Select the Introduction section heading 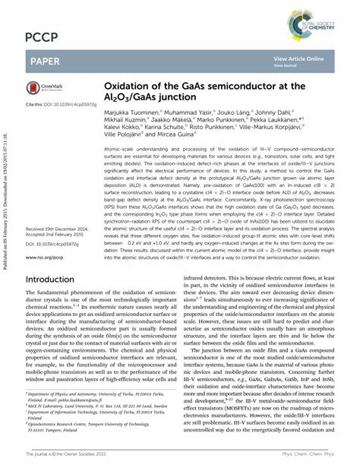point(59,258)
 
